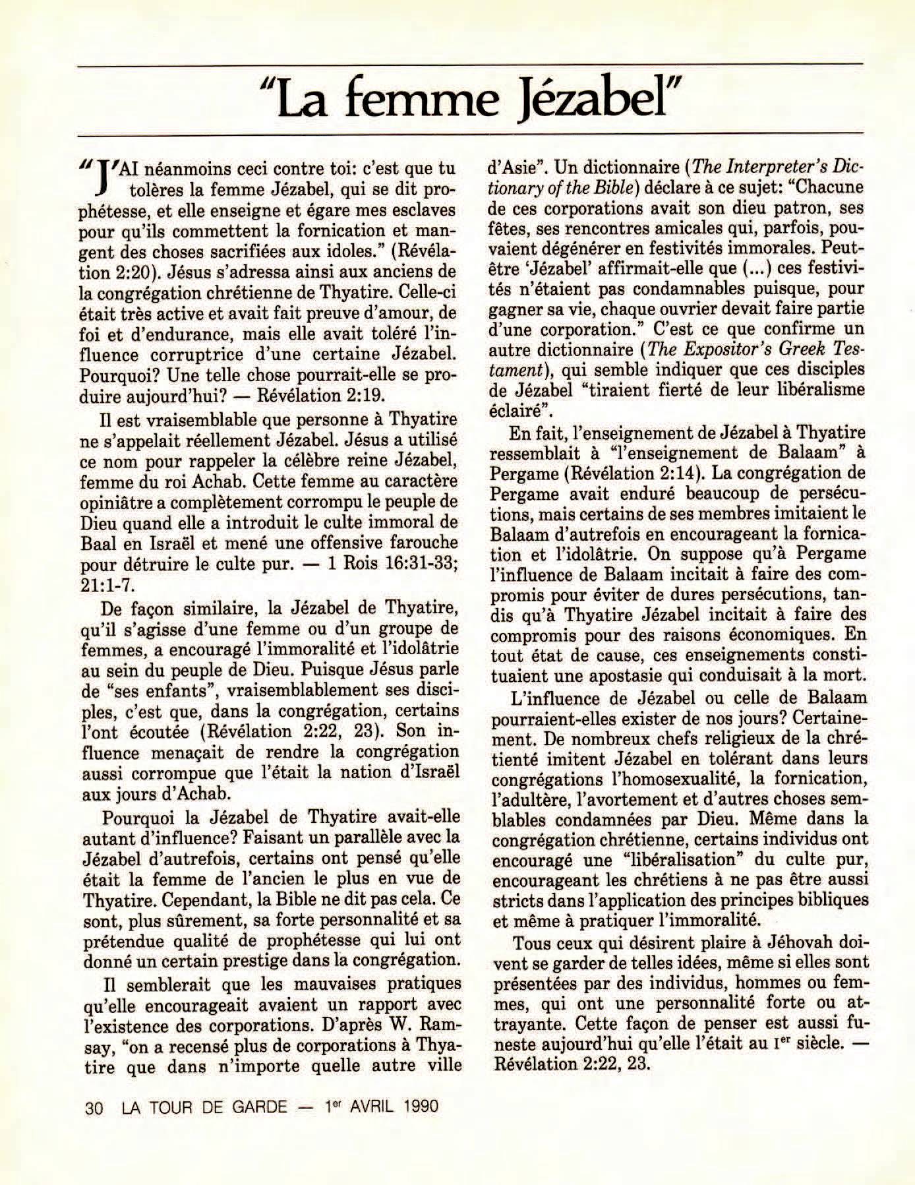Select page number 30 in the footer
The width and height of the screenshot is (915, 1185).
[x=94, y=1106]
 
